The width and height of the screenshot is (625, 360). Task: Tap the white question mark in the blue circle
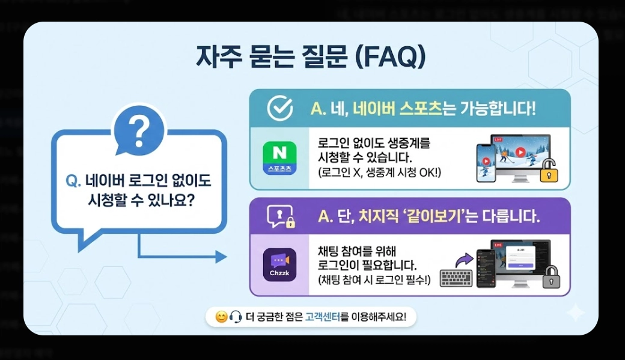click(x=139, y=129)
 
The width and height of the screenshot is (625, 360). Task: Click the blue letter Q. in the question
click(x=73, y=181)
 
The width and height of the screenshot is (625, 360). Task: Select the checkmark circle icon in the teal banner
click(x=279, y=109)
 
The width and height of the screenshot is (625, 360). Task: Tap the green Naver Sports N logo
click(x=279, y=158)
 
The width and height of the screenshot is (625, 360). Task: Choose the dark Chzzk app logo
click(x=279, y=264)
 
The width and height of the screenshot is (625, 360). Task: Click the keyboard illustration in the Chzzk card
click(x=456, y=278)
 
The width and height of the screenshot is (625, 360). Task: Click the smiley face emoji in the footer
click(x=221, y=317)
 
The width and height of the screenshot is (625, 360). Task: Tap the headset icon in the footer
click(x=236, y=317)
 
